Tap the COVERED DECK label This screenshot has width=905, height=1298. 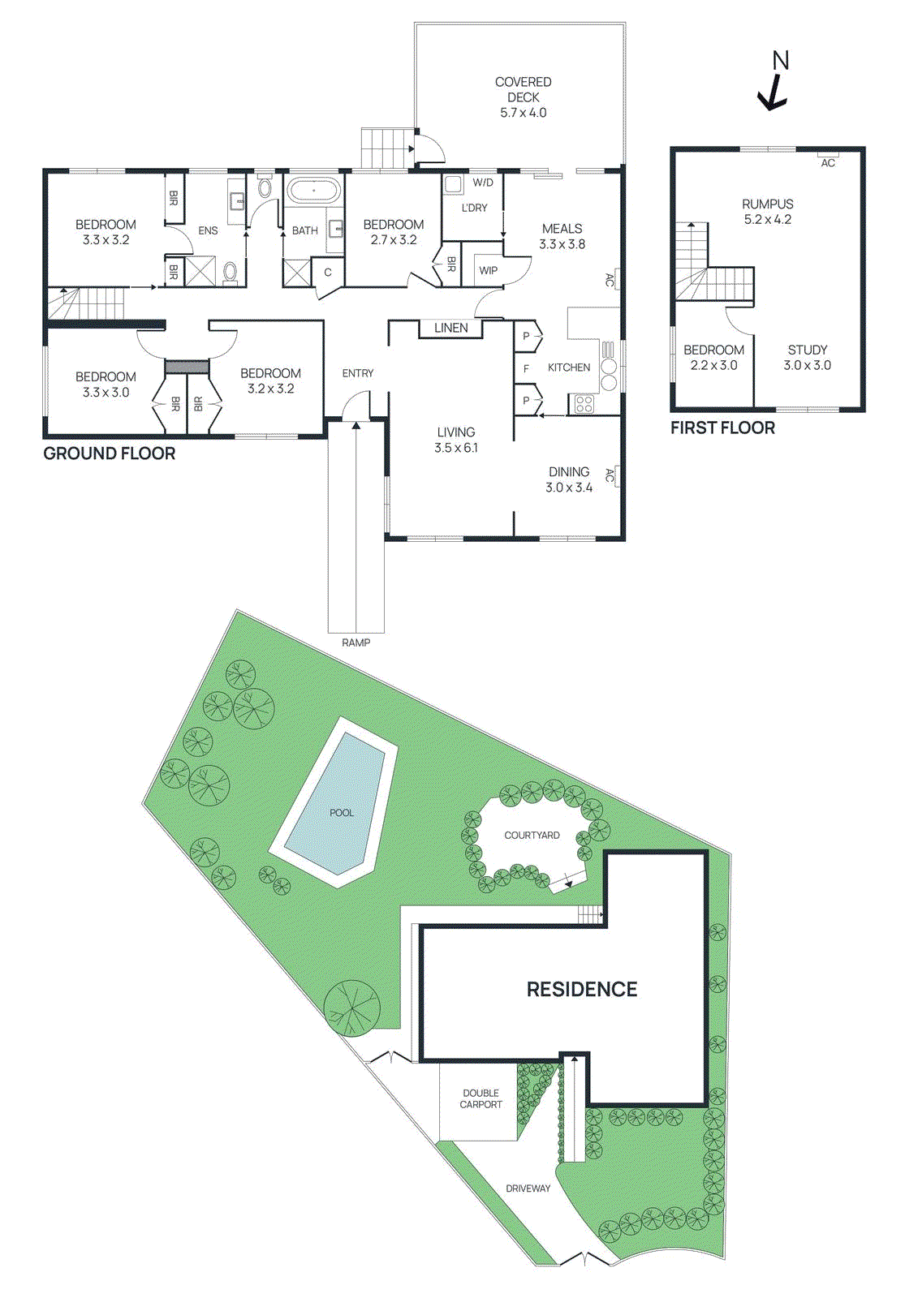523,97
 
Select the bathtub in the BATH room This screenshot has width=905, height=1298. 313,191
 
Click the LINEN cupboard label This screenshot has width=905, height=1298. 450,328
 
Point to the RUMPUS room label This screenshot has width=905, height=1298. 767,212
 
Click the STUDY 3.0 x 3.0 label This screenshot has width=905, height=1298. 807,358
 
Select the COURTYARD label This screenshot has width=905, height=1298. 532,835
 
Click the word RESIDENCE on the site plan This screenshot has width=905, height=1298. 582,989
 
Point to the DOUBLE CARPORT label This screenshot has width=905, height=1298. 481,1098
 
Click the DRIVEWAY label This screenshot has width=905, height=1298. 528,1188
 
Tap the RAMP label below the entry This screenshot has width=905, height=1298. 356,643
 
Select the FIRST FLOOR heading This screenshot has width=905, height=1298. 722,428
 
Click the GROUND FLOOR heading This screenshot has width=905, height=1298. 109,453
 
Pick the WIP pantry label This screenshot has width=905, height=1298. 488,270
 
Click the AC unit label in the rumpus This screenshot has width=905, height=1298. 827,162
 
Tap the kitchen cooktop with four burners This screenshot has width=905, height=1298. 584,403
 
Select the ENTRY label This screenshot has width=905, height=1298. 357,373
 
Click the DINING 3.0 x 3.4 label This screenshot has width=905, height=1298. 569,479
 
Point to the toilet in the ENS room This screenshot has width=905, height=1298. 230,271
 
